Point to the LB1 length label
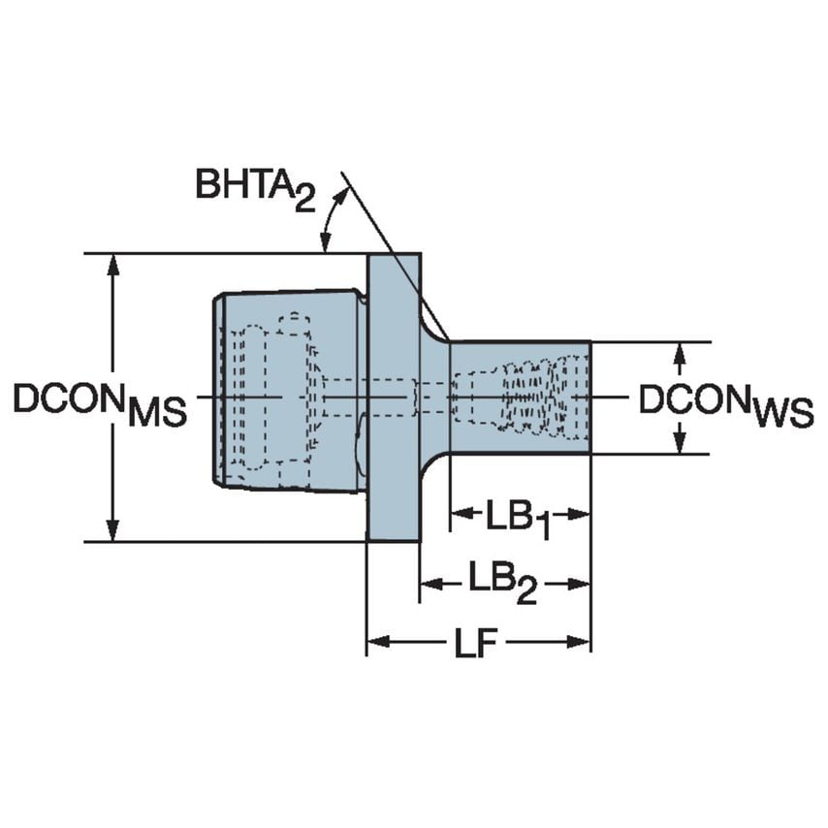[x=519, y=516]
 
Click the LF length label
[x=477, y=643]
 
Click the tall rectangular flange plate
[x=393, y=398]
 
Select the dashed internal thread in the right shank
[x=531, y=398]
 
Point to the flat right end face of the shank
[x=589, y=398]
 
